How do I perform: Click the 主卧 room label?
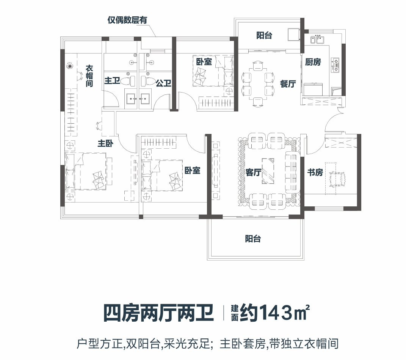pyautogui.click(x=105, y=143)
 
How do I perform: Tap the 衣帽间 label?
pyautogui.click(x=89, y=76)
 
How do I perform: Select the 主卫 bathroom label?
pyautogui.click(x=112, y=81)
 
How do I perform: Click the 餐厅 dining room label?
pyautogui.click(x=288, y=84)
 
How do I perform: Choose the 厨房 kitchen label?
pyautogui.click(x=313, y=62)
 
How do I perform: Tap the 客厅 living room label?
pyautogui.click(x=254, y=173)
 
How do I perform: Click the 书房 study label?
pyautogui.click(x=315, y=173)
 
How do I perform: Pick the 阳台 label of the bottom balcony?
pyautogui.click(x=253, y=239)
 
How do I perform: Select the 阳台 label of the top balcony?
pyautogui.click(x=264, y=36)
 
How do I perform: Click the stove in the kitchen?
pyautogui.click(x=335, y=65)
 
